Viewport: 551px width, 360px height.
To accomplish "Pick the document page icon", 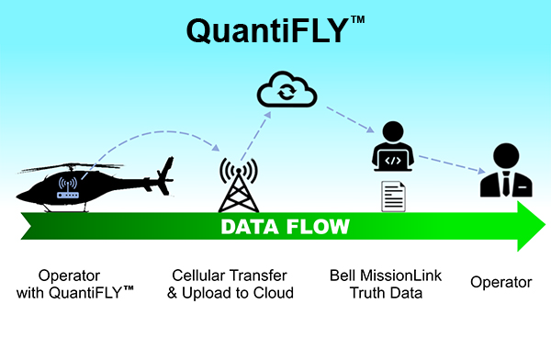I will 393,196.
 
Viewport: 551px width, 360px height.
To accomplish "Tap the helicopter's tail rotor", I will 166,171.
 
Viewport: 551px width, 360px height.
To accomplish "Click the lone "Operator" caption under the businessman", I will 500,283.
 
